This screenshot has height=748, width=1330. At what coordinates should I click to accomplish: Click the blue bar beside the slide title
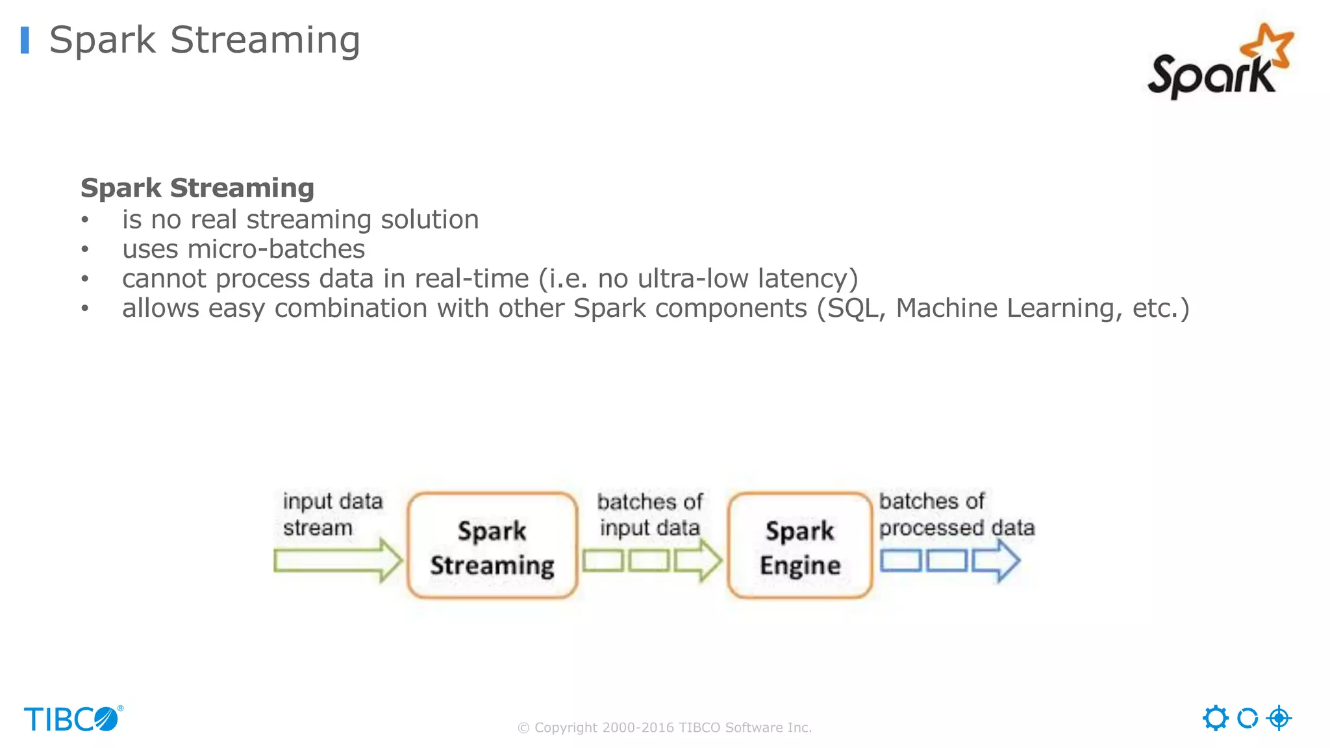[x=25, y=40]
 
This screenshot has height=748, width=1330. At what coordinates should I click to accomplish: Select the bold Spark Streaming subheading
[x=197, y=188]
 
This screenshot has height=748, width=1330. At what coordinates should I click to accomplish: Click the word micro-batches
[x=276, y=249]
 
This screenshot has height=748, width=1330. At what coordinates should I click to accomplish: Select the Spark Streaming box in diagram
[x=492, y=545]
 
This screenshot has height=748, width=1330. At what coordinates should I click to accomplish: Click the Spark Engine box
[x=799, y=545]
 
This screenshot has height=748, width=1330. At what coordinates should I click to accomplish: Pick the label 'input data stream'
[x=332, y=514]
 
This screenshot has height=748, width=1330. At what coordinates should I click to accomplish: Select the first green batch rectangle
[x=603, y=560]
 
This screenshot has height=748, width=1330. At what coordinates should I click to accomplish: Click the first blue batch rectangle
[x=900, y=560]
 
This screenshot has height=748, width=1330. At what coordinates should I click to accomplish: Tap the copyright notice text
[x=664, y=728]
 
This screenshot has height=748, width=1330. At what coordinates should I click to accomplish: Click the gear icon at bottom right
[x=1215, y=718]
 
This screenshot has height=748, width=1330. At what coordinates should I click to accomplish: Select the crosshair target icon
[x=1279, y=718]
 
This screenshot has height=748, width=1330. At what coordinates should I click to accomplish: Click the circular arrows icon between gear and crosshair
[x=1247, y=718]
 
